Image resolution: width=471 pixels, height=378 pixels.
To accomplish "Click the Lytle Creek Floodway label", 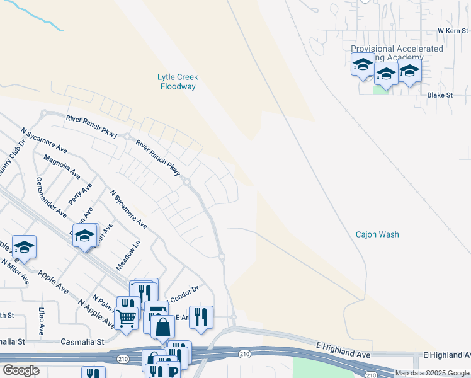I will [178, 82].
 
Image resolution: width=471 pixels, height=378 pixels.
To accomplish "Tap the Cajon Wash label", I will [377, 234].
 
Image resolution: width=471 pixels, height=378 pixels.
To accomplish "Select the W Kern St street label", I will [453, 30].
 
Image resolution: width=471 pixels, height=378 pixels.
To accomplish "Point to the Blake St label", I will [440, 95].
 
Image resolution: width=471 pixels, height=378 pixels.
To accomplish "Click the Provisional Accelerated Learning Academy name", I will [397, 53].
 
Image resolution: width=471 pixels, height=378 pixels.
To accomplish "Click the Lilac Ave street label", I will [42, 321].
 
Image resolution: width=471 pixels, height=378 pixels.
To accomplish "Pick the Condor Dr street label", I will [187, 289].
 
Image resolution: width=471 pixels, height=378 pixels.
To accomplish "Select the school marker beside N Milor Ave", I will [24, 246].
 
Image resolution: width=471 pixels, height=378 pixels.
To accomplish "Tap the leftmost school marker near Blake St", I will [363, 64].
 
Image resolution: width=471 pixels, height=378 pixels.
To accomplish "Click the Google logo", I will [21, 370].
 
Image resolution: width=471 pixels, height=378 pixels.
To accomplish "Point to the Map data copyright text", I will [431, 373].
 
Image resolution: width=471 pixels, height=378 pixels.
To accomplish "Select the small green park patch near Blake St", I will [382, 89].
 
